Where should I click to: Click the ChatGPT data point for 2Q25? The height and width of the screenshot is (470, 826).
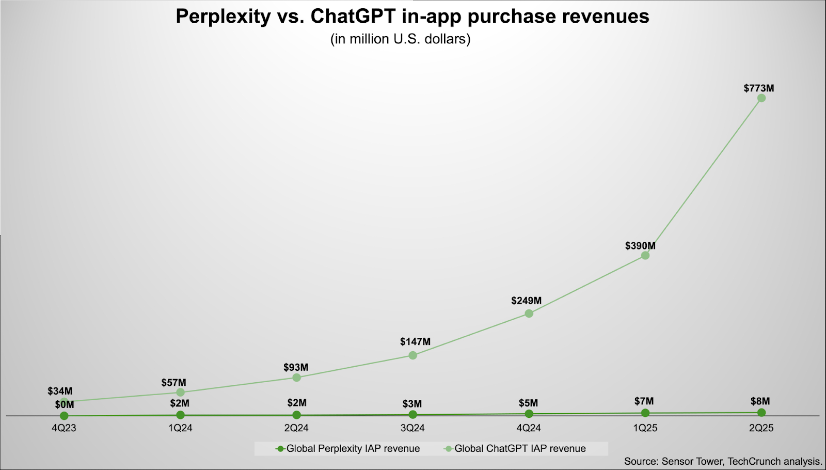[761, 98]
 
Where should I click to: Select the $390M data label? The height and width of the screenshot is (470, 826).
[640, 246]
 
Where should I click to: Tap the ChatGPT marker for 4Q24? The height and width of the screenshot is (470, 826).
[529, 313]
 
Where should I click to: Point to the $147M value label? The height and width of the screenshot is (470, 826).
[415, 342]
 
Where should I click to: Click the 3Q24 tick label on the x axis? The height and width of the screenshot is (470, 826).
[412, 428]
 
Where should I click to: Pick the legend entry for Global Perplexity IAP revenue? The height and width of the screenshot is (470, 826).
[348, 449]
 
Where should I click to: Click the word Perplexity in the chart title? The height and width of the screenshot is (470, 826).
[223, 17]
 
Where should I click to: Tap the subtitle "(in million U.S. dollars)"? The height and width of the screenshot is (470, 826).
[400, 39]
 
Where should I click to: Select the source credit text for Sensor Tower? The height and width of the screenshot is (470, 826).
[723, 461]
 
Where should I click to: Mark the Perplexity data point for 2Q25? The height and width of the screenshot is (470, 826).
[761, 412]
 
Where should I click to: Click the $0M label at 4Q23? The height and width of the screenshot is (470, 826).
[65, 405]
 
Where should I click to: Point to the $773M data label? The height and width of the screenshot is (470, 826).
[758, 88]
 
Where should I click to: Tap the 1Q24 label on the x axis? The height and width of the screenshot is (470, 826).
[180, 428]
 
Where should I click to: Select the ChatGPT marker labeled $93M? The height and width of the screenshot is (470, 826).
[296, 378]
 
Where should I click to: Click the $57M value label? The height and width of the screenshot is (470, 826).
[173, 383]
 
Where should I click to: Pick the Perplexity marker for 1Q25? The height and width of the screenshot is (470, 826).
[645, 413]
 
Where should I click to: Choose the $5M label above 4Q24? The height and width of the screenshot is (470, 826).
[528, 403]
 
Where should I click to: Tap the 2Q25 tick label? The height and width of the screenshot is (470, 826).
[761, 428]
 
